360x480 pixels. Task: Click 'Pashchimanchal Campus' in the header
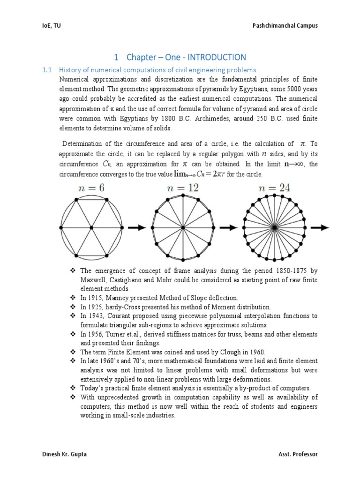click(285, 26)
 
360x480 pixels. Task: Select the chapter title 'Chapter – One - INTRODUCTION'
click(180, 57)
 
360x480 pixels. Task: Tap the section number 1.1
click(46, 70)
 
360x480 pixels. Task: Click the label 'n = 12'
click(183, 188)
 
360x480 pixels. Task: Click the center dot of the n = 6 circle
click(91, 227)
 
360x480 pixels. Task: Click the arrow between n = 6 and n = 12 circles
click(136, 227)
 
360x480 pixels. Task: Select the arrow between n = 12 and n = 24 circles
click(228, 227)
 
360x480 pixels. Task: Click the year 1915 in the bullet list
click(94, 298)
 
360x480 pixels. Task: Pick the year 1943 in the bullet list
click(94, 315)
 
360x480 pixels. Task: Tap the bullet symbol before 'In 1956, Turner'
click(73, 334)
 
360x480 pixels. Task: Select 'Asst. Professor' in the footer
click(297, 454)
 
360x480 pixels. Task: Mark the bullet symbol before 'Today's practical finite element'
click(73, 388)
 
